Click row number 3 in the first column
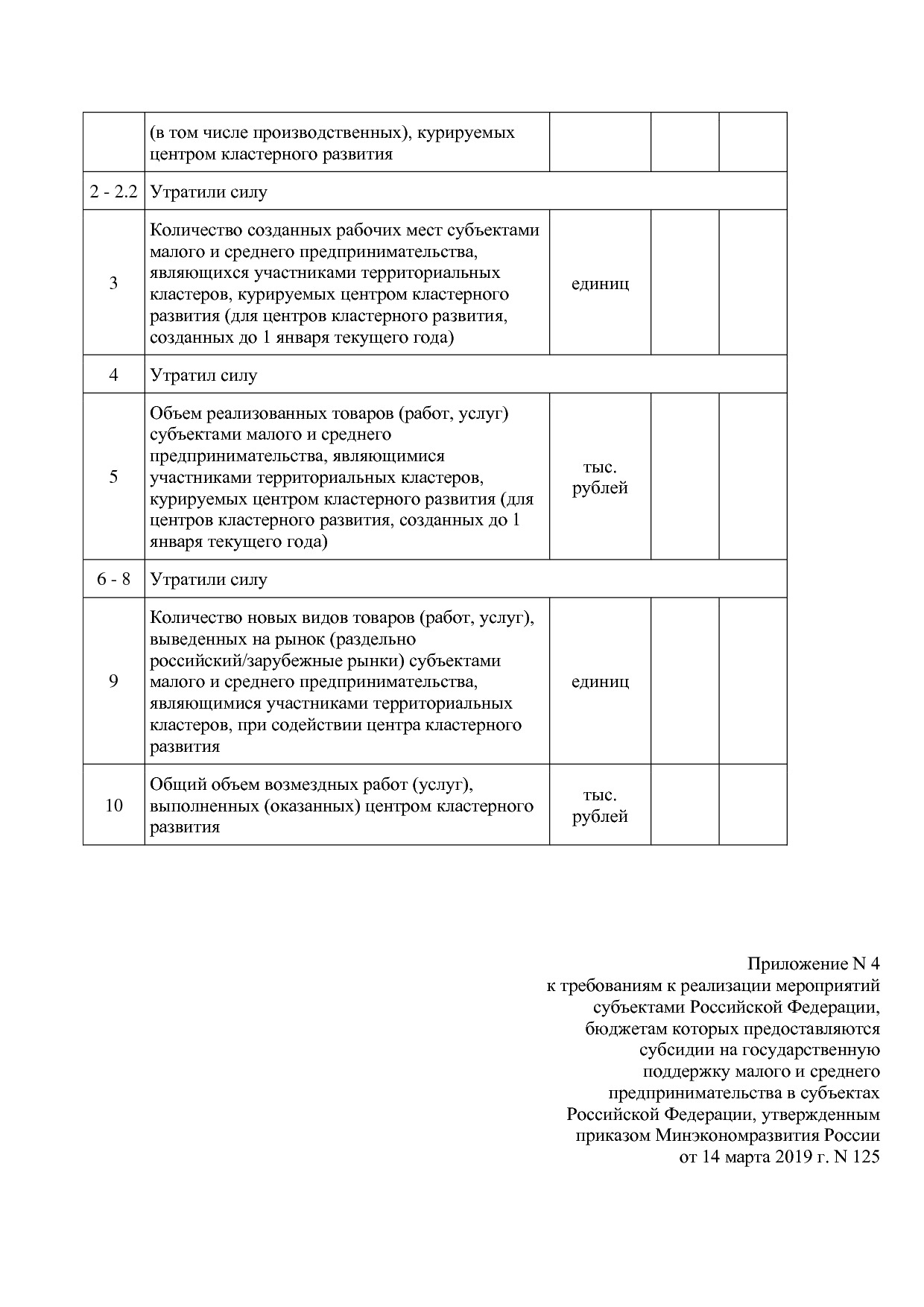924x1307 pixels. point(113,283)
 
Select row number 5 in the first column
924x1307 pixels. point(113,477)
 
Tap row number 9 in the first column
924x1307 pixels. point(113,681)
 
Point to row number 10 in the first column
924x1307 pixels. point(113,806)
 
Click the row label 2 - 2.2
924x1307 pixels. point(113,192)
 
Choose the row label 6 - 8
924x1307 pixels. point(113,579)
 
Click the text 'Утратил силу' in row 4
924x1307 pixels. point(203,375)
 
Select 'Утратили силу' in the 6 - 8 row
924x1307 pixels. point(208,579)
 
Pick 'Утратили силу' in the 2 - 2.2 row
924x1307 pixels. point(208,192)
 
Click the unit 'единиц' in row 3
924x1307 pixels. point(600,283)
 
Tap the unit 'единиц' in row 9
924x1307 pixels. point(600,681)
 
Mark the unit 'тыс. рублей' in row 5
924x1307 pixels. point(600,478)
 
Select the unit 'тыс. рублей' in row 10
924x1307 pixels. point(600,806)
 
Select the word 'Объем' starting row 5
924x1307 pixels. point(175,413)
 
